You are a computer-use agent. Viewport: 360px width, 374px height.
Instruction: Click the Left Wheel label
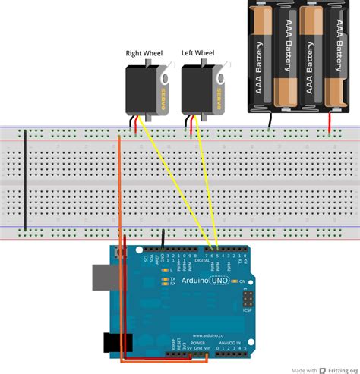pyautogui.click(x=197, y=53)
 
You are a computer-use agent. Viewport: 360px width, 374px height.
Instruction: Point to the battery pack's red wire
pyautogui.click(x=329, y=125)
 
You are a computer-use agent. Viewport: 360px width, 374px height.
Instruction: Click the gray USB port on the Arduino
pyautogui.click(x=102, y=278)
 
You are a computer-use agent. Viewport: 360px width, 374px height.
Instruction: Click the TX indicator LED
pyautogui.click(x=165, y=279)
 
